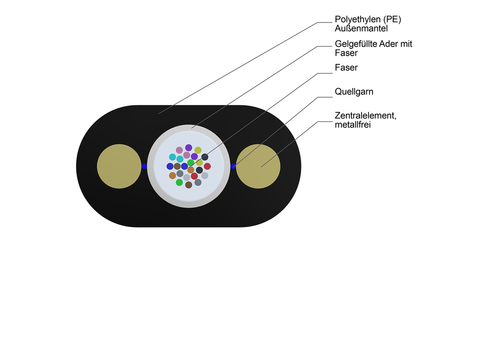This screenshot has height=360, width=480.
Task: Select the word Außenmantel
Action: pyautogui.click(x=361, y=29)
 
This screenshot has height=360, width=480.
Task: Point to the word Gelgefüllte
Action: pyautogui.click(x=355, y=44)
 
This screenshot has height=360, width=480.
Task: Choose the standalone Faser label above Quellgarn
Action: pyautogui.click(x=346, y=68)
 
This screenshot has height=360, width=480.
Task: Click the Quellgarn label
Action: pyautogui.click(x=354, y=92)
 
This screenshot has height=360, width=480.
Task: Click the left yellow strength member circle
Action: pyautogui.click(x=119, y=166)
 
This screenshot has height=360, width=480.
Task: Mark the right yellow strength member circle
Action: pyautogui.click(x=258, y=166)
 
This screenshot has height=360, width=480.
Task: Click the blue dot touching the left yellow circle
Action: pyautogui.click(x=144, y=166)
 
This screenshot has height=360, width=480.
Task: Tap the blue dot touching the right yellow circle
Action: pyautogui.click(x=233, y=166)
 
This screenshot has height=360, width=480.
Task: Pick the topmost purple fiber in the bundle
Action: pyautogui.click(x=188, y=148)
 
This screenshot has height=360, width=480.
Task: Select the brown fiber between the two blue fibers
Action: pyautogui.click(x=177, y=166)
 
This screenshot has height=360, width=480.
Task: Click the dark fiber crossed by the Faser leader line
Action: pyautogui.click(x=204, y=157)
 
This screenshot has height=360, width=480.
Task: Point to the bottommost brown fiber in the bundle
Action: pyautogui.click(x=188, y=185)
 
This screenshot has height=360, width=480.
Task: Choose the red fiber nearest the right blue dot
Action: pyautogui.click(x=207, y=166)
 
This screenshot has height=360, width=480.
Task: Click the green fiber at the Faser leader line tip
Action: pyautogui.click(x=191, y=162)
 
